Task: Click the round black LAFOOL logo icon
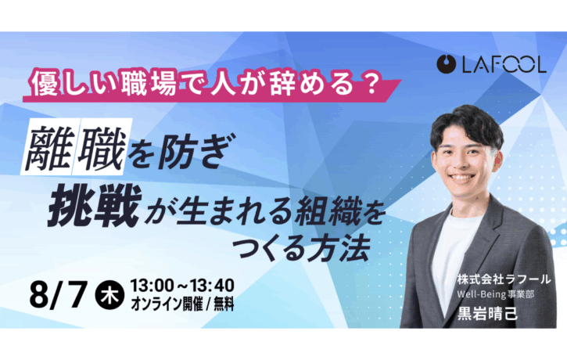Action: [x=446, y=64]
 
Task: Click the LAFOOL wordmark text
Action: [x=504, y=64]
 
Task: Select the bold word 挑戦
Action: [x=95, y=206]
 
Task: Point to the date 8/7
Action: [x=59, y=294]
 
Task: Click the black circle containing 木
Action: [x=109, y=295]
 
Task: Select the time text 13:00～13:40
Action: [x=182, y=286]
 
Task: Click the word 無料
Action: [x=224, y=304]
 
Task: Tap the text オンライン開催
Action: [x=167, y=304]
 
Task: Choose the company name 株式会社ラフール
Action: [x=504, y=279]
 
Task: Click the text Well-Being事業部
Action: [x=495, y=294]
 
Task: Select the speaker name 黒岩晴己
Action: [x=487, y=313]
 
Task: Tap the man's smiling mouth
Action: [x=462, y=178]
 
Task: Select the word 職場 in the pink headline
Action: [x=149, y=85]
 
